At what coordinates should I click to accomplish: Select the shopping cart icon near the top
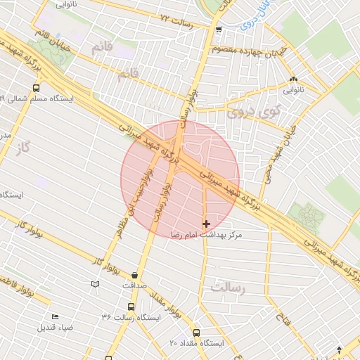(x=219, y=30)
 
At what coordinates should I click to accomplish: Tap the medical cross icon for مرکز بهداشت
(x=206, y=224)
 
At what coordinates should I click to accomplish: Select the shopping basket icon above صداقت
(x=134, y=275)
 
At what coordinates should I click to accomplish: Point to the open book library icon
(x=96, y=284)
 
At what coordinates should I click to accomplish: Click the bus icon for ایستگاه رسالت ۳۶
(x=131, y=307)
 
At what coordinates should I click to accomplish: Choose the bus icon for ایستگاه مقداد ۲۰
(x=196, y=333)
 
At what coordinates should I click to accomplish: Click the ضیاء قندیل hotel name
(x=57, y=328)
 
